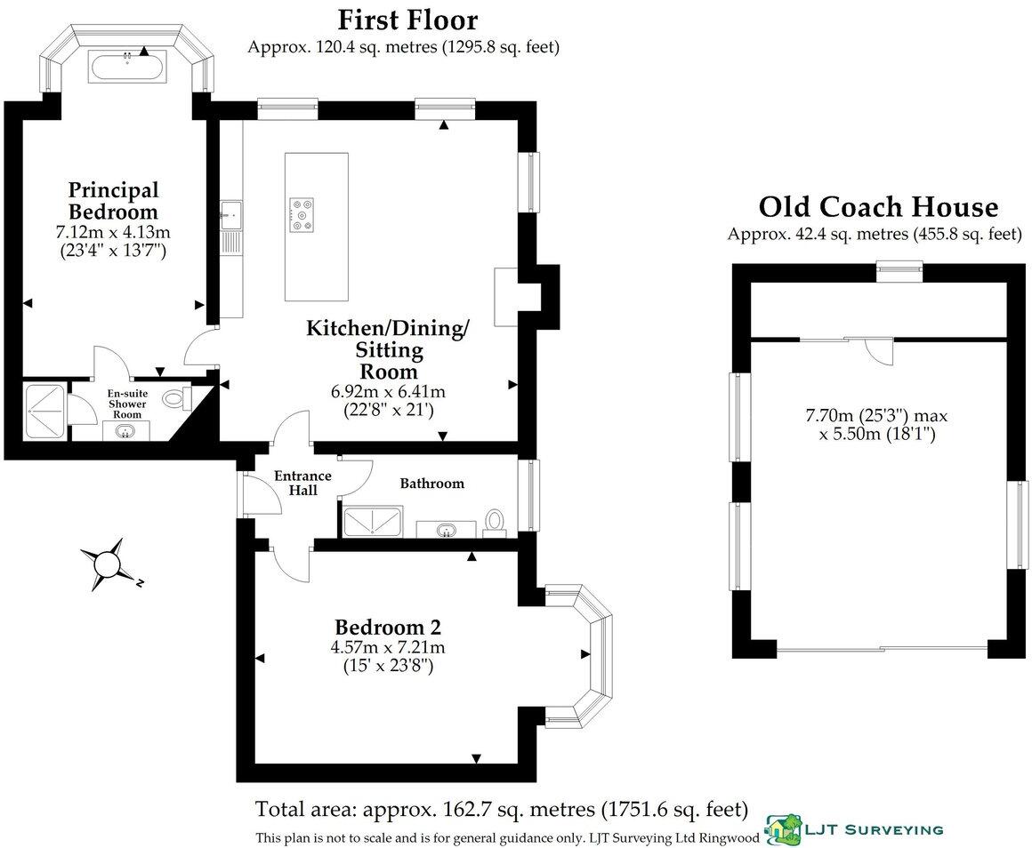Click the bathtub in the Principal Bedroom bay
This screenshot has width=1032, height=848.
[125, 66]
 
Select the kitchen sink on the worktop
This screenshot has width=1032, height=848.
[231, 213]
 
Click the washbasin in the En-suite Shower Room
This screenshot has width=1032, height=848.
[125, 432]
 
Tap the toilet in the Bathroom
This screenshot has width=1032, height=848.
[495, 522]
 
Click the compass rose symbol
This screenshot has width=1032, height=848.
[107, 564]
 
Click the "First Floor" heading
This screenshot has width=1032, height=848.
[407, 20]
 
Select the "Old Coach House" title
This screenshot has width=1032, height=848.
[877, 207]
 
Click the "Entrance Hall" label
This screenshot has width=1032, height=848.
[302, 483]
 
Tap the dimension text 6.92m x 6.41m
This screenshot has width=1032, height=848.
[387, 391]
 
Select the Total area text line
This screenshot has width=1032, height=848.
[501, 809]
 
